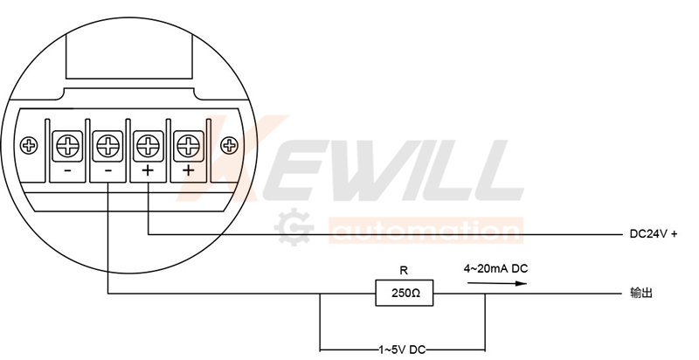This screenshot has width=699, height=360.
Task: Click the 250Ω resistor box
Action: (x=405, y=294)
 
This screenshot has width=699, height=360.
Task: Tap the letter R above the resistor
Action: (x=404, y=271)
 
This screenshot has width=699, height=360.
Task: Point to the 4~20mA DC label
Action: (x=495, y=268)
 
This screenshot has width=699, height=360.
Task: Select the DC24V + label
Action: (x=653, y=234)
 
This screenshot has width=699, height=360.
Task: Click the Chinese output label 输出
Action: (x=641, y=294)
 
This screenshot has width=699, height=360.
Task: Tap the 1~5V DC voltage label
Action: (x=402, y=350)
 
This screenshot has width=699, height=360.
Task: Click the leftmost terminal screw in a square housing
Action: (x=68, y=145)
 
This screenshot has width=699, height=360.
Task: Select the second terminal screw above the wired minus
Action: (x=107, y=145)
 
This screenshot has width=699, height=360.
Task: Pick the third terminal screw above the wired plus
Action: (x=148, y=145)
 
